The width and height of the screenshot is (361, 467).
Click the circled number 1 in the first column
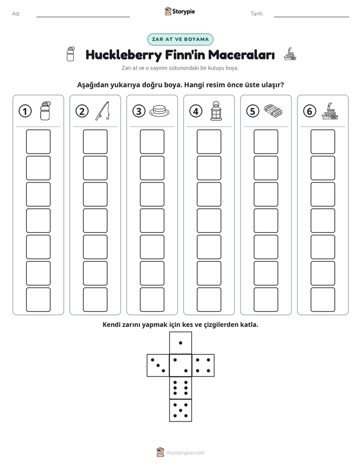click(25, 111)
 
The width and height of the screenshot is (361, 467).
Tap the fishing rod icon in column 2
click(103, 111)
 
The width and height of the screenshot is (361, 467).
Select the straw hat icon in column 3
click(159, 111)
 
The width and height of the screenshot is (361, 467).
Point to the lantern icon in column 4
click(216, 111)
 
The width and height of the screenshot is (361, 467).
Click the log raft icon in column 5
click(273, 111)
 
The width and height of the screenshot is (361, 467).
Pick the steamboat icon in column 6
click(330, 111)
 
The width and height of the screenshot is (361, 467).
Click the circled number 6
click(310, 111)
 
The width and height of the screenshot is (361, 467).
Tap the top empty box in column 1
click(38, 142)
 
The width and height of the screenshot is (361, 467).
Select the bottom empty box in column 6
click(323, 300)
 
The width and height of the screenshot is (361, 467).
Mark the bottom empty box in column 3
click(152, 300)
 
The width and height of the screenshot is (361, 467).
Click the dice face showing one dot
click(180, 343)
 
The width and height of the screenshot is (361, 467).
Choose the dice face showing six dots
click(180, 388)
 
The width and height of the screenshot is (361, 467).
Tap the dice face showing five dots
click(180, 410)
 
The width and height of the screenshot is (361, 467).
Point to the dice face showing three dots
click(158, 365)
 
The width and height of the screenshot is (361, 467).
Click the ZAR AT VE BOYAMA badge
click(180, 39)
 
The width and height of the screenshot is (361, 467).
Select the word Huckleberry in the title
click(124, 55)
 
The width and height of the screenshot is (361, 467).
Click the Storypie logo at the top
click(179, 12)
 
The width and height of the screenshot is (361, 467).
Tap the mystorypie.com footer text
click(185, 453)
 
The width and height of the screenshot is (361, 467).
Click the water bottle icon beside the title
click(71, 54)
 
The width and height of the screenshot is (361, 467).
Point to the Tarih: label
click(257, 14)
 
